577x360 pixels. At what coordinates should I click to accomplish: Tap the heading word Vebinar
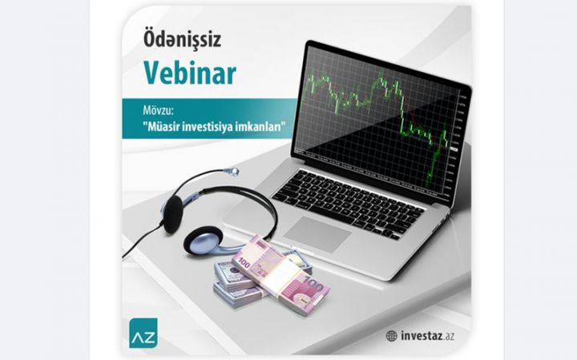190,73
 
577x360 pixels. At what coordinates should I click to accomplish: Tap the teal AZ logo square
143,332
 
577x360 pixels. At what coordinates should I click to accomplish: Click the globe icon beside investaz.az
391,336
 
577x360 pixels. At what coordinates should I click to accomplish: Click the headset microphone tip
233,170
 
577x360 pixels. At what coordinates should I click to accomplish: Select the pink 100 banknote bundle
280,273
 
